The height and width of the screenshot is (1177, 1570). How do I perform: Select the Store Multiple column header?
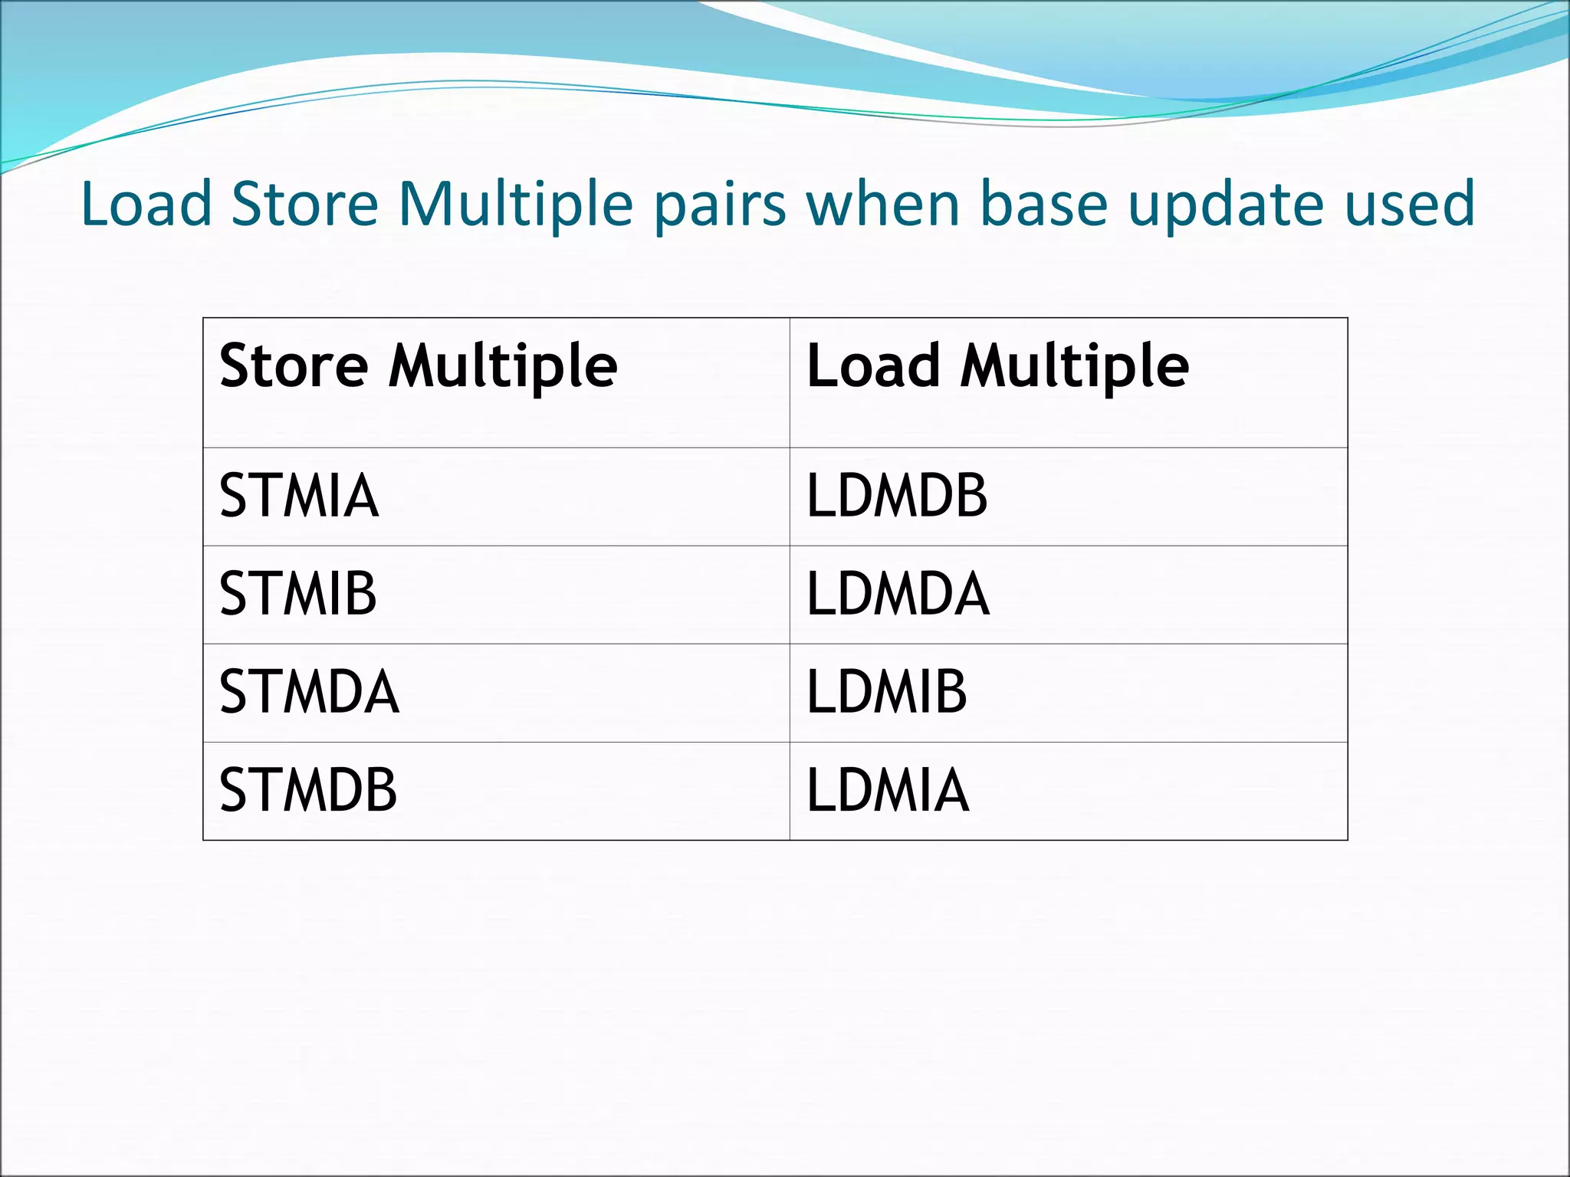click(419, 366)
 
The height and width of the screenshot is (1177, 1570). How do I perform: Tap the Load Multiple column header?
click(997, 366)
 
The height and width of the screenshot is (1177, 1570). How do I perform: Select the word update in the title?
click(1227, 205)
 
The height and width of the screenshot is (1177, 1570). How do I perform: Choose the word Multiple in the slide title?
click(516, 205)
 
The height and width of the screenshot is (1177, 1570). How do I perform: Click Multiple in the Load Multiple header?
click(1075, 366)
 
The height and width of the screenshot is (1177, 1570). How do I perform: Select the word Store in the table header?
click(294, 366)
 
